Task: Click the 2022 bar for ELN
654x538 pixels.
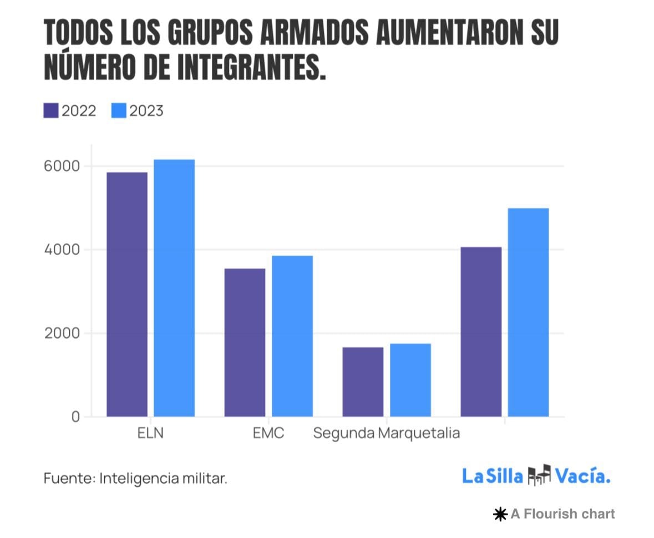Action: pos(127,294)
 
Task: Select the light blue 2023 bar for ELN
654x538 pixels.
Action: pos(174,288)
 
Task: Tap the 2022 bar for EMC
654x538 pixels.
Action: pos(245,342)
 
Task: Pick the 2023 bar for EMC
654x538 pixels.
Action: pos(292,336)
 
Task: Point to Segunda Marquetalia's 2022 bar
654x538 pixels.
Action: pos(363,382)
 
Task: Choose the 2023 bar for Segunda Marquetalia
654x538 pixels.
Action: pos(410,380)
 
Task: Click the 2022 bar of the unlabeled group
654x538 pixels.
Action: pos(481,332)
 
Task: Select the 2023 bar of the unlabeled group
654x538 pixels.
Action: pos(528,312)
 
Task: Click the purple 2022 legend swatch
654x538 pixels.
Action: pos(51,111)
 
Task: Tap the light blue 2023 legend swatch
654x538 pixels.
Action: pos(119,111)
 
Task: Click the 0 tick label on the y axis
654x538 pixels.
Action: pos(75,417)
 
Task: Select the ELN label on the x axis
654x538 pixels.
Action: pos(150,433)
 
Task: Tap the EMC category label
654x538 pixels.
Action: pos(268,433)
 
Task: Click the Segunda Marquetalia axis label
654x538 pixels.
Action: pos(387,433)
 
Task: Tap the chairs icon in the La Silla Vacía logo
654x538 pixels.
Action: pos(539,475)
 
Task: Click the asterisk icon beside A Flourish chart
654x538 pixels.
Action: pos(500,515)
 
